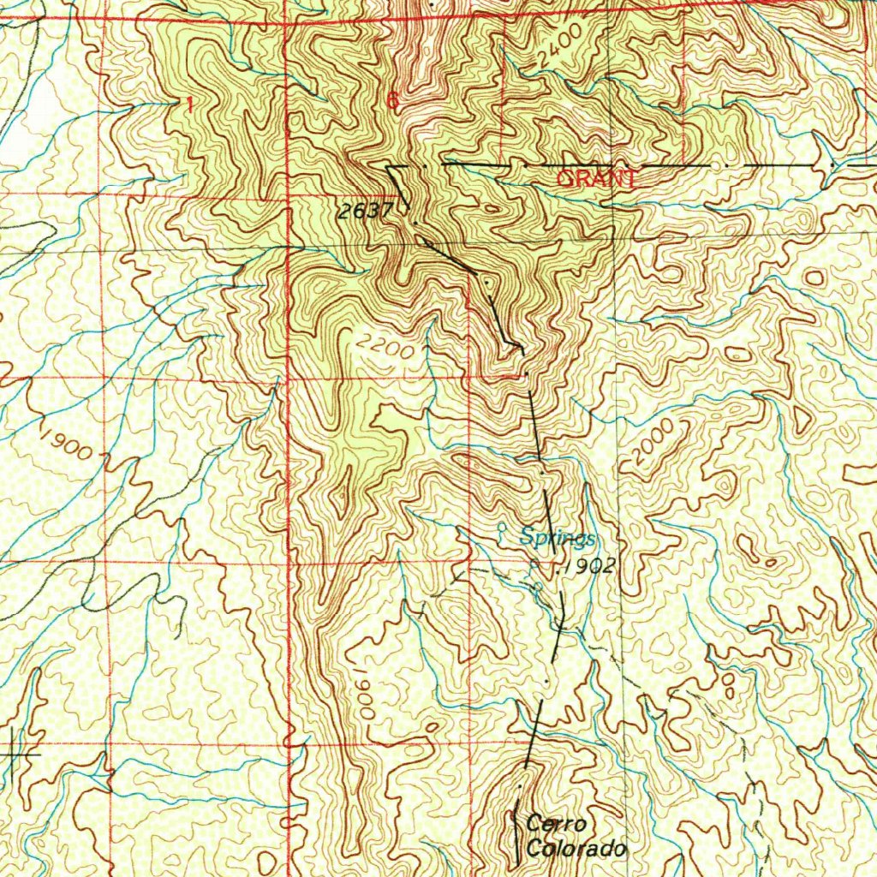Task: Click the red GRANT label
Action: [x=597, y=179]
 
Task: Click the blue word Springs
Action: [x=558, y=539]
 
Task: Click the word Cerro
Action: [x=557, y=825]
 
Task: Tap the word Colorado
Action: [x=577, y=850]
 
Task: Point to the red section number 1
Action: [x=188, y=104]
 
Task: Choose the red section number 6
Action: [x=392, y=101]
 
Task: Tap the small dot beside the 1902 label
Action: [x=559, y=567]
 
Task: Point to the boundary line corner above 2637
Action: [x=387, y=166]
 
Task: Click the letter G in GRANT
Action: [x=564, y=179]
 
